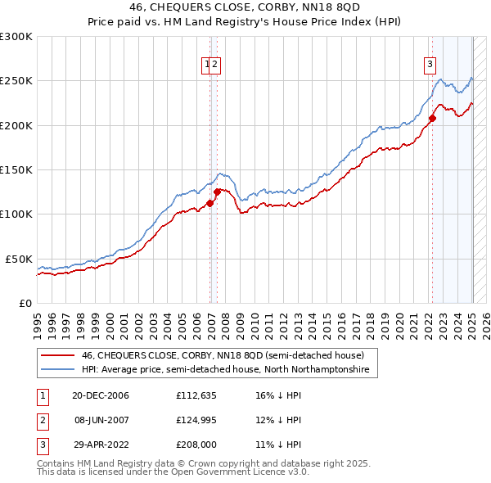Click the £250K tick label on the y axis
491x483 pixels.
pos(16,81)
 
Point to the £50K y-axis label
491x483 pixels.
pos(19,259)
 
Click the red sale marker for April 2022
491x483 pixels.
pos(432,119)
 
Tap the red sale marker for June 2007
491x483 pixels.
pos(217,192)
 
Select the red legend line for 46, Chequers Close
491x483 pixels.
pos(57,355)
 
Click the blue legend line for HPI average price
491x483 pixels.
pos(57,370)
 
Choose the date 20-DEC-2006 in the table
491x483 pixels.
pos(100,396)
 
